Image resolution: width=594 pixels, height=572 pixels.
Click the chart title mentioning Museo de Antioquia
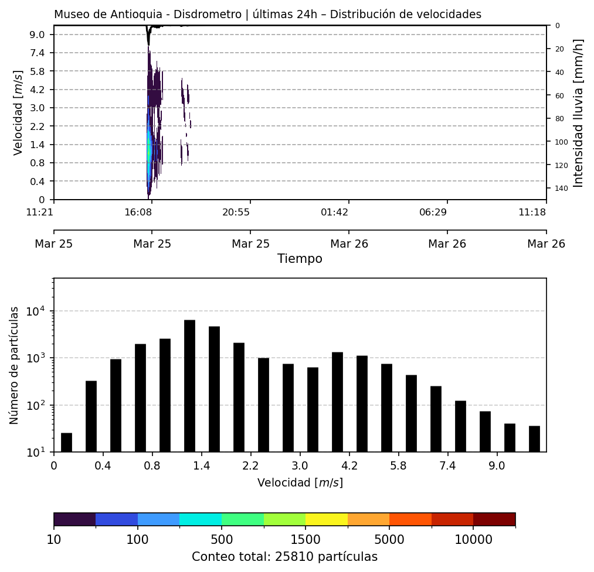coord(267,15)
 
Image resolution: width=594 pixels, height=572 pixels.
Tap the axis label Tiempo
coord(300,259)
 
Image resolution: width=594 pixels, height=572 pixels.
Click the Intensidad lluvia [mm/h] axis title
coord(579,112)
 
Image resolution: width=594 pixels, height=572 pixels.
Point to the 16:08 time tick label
coord(138,212)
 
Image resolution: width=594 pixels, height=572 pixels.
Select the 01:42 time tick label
coord(334,212)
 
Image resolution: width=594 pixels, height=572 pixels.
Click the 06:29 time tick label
coord(433,212)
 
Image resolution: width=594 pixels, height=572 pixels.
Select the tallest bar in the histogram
coord(189,386)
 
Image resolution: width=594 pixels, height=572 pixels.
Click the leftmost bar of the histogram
coord(66,443)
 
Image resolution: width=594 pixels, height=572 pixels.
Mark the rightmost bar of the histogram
coord(534,439)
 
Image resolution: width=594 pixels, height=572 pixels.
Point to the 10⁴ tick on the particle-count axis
coord(37,311)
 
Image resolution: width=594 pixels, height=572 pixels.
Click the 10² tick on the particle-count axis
coord(37,405)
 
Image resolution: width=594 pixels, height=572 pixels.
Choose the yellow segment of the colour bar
coord(327,519)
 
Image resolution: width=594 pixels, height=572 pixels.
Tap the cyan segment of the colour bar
coord(201,519)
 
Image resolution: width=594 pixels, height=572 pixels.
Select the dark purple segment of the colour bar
coord(74,519)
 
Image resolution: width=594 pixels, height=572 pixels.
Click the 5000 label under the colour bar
coord(389,539)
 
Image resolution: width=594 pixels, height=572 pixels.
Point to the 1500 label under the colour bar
coord(306,539)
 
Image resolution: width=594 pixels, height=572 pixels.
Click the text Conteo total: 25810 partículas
coord(284,557)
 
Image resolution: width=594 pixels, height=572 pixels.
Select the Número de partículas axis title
coord(15,365)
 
